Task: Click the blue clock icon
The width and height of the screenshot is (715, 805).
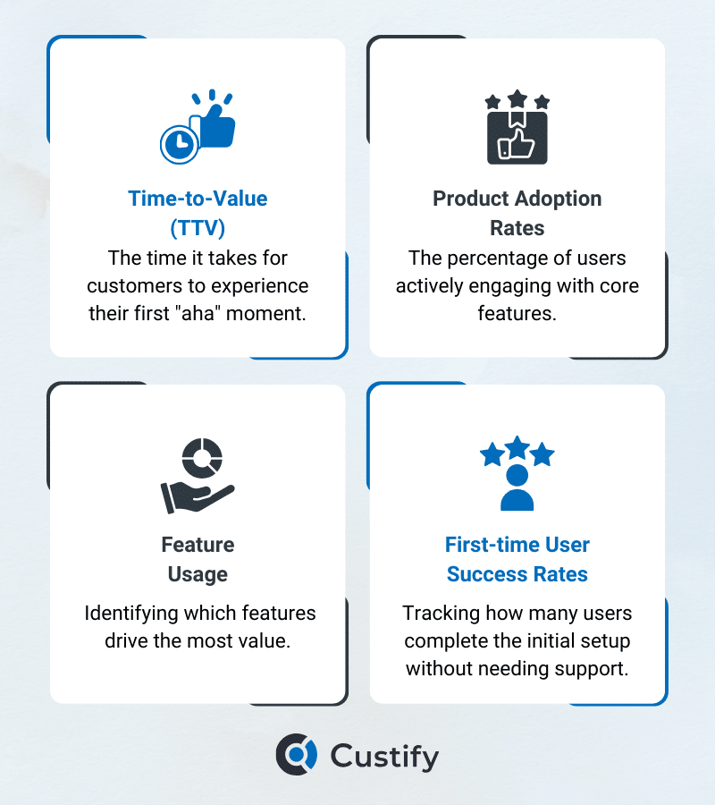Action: pyautogui.click(x=180, y=145)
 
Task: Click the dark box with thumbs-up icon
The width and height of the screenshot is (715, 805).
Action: pyautogui.click(x=517, y=138)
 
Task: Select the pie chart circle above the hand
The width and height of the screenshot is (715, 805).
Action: pyautogui.click(x=202, y=458)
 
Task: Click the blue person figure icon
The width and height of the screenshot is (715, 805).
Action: pyautogui.click(x=517, y=487)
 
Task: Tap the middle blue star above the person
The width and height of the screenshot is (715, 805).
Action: pyautogui.click(x=517, y=447)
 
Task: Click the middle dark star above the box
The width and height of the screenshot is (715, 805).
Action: pyautogui.click(x=517, y=99)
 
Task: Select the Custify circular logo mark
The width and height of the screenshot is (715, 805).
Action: pyautogui.click(x=297, y=754)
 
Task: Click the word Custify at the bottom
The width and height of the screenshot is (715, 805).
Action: pyautogui.click(x=384, y=757)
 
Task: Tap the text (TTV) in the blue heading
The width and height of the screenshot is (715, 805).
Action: pyautogui.click(x=198, y=228)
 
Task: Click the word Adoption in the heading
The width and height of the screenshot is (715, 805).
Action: pyautogui.click(x=558, y=199)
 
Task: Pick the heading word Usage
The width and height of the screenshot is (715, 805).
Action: pyautogui.click(x=198, y=574)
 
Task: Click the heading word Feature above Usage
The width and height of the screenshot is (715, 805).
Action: pyautogui.click(x=198, y=545)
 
